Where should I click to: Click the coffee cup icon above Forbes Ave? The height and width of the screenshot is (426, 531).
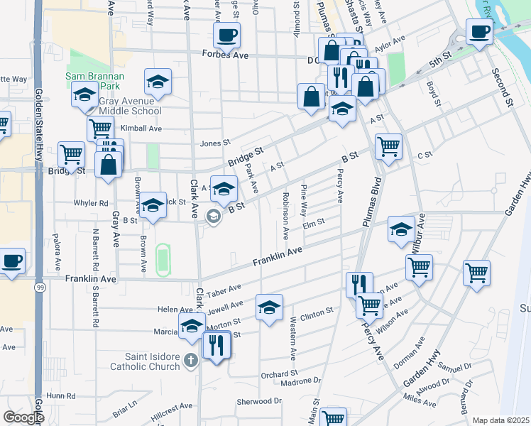coord(227,34)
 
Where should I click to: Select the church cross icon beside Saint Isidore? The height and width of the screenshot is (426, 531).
coord(190,361)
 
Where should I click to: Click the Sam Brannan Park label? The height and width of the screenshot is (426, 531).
coord(92,80)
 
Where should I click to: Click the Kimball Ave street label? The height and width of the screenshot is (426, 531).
coord(141,129)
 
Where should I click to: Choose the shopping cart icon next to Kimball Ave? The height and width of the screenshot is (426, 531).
coord(101,129)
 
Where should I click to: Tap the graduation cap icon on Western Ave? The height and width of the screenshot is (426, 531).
coord(269,307)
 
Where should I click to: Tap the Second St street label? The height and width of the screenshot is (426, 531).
coord(501,84)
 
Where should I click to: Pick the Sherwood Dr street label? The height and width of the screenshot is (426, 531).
coord(259,401)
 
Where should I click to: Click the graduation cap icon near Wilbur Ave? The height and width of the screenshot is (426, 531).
coord(401,229)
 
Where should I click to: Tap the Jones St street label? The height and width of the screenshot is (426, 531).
coord(216,143)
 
